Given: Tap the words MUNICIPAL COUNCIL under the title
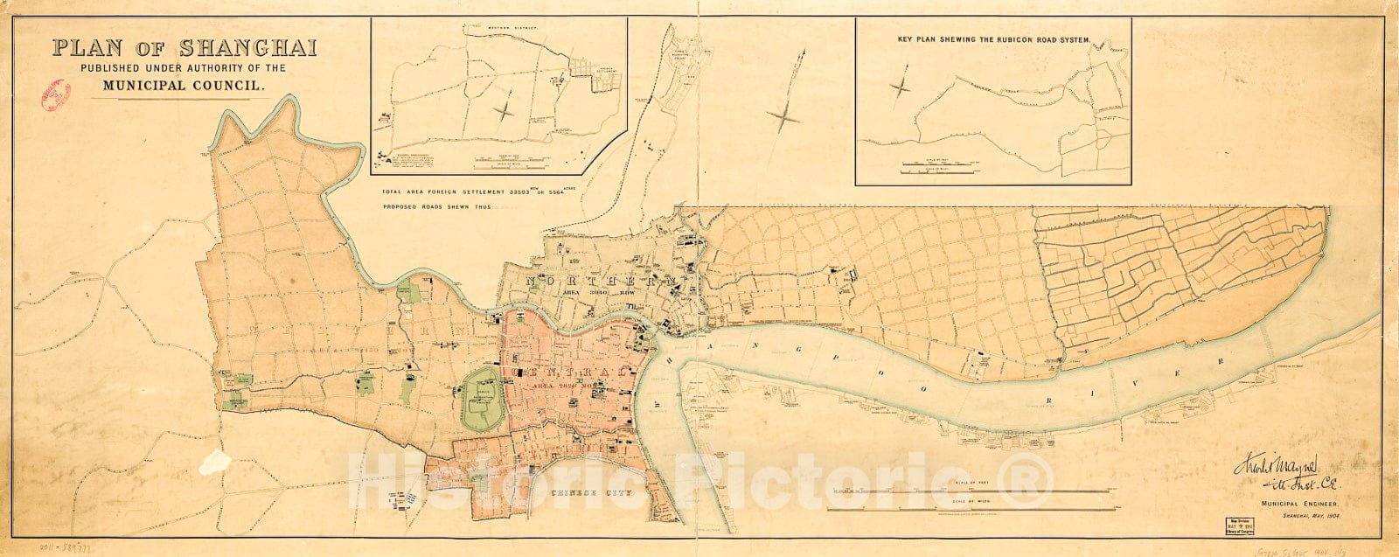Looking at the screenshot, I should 184,86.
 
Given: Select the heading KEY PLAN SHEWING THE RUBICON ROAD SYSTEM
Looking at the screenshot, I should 993,39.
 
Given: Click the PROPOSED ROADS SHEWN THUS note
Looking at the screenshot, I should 437,207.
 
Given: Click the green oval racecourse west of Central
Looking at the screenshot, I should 483,399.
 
